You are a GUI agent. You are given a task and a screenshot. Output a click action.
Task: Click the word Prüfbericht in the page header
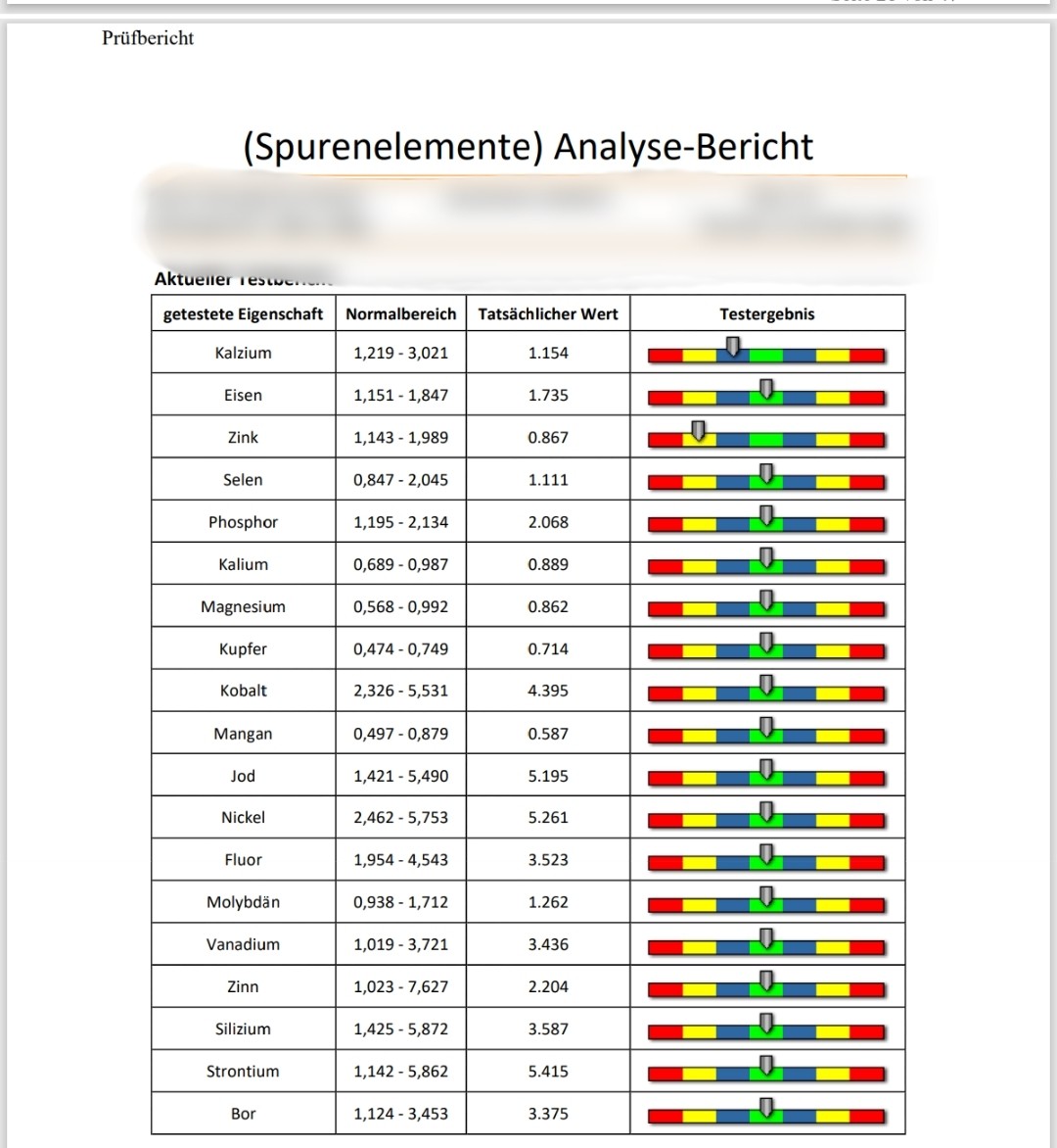click(x=148, y=38)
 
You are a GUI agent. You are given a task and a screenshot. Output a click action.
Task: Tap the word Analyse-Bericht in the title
click(x=683, y=146)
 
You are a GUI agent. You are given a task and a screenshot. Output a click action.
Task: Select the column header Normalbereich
click(x=400, y=314)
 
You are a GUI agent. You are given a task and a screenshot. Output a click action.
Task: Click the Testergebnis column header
click(x=766, y=314)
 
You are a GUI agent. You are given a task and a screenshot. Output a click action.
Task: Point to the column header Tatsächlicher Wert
click(x=548, y=314)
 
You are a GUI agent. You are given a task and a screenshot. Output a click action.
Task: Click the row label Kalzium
click(x=243, y=353)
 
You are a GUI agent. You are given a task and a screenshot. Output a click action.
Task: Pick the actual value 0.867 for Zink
click(x=548, y=438)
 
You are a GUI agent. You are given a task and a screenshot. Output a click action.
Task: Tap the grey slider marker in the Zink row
click(x=698, y=430)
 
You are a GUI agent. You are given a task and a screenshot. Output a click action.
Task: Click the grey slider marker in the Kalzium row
click(x=732, y=345)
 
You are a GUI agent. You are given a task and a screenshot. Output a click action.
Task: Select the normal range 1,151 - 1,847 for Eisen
click(x=400, y=396)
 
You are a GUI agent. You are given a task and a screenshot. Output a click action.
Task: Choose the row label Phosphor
click(x=243, y=522)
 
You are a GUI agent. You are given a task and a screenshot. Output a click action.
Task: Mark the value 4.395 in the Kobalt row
click(x=548, y=691)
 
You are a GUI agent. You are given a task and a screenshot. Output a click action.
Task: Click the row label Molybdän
click(x=243, y=902)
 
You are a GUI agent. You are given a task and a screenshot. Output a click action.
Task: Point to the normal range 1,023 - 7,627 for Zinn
click(x=400, y=986)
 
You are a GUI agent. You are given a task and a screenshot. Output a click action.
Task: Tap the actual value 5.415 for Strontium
click(x=548, y=1072)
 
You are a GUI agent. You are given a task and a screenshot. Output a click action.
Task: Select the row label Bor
click(x=243, y=1114)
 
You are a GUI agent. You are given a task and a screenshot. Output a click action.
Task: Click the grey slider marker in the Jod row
click(x=766, y=768)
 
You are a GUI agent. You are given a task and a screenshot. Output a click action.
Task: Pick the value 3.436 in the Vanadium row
click(x=548, y=944)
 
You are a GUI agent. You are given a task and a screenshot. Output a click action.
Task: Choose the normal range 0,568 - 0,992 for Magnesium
click(x=400, y=607)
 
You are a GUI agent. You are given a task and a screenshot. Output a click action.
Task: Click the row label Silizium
click(x=243, y=1029)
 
